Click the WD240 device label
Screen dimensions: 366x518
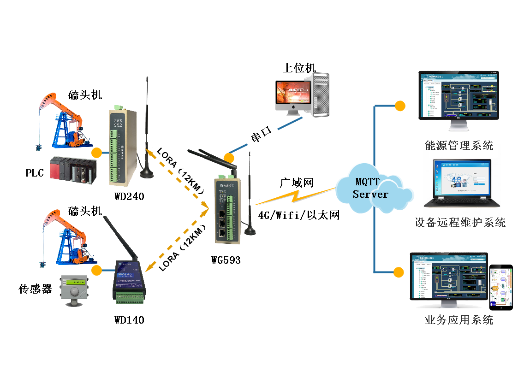(129, 197)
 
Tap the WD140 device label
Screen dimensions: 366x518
(129, 320)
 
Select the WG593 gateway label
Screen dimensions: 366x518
(226, 260)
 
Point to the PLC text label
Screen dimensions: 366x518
(35, 173)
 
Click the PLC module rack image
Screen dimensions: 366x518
(72, 170)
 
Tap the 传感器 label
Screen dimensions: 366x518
(35, 289)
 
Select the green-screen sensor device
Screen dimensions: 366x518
(74, 291)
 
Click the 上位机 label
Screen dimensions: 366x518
(299, 68)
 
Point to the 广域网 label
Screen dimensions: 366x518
(297, 183)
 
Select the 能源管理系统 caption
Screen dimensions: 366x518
(458, 146)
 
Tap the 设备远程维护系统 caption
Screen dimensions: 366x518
(460, 223)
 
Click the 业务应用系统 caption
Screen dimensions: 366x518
(458, 320)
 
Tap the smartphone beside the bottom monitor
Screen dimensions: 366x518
(501, 287)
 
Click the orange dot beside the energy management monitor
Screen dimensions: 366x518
(400, 106)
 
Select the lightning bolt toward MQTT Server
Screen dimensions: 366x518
(295, 196)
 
